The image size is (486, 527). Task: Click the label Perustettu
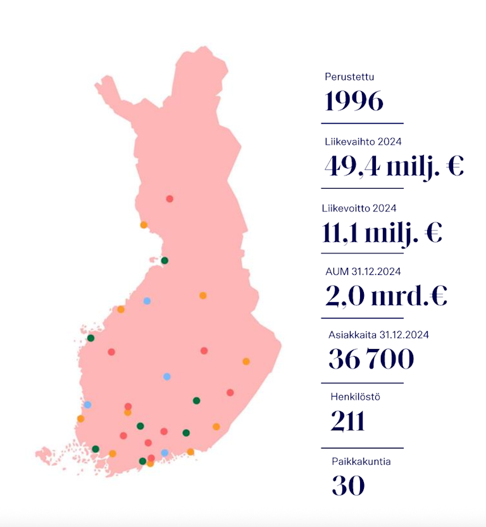(350, 77)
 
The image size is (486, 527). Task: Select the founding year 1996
(354, 101)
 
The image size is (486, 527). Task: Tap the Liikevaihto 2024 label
(363, 142)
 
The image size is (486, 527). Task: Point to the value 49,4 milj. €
(394, 166)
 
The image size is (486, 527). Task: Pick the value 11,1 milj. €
(382, 232)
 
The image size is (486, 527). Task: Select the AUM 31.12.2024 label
(363, 272)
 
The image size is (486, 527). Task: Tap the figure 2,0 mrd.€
(386, 296)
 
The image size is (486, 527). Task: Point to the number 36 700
(371, 359)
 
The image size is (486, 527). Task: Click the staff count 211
(347, 421)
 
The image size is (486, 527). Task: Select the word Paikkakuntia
(361, 461)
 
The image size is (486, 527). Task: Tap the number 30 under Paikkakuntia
(348, 486)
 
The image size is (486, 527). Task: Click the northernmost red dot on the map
(170, 199)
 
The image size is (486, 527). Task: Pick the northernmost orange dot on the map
(144, 225)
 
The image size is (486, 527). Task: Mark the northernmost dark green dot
(165, 260)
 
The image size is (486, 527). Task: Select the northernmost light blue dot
(147, 301)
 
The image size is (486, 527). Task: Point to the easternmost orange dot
(246, 362)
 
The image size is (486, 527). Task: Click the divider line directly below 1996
(362, 123)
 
